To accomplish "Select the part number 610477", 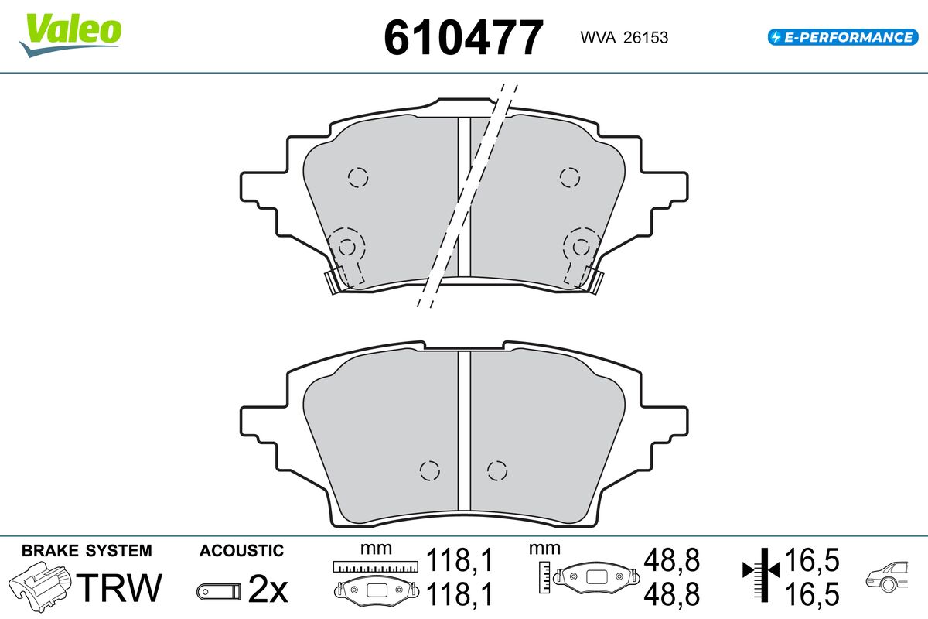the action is click(463, 38).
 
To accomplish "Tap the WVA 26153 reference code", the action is click(624, 38).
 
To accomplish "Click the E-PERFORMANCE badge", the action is click(843, 37).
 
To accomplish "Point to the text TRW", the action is click(119, 587).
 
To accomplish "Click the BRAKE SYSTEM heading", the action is click(87, 551).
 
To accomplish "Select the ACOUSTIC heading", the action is click(241, 551).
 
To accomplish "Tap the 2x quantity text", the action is click(268, 589).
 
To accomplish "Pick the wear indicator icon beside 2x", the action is click(219, 591).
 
